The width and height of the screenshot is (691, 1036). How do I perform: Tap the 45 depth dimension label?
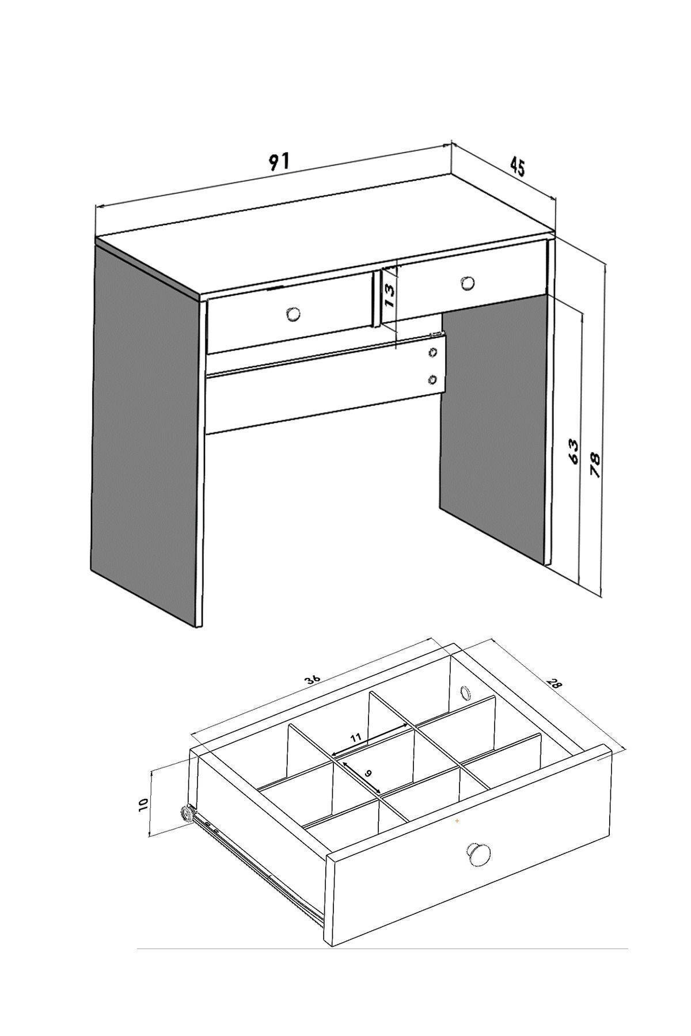pyautogui.click(x=517, y=167)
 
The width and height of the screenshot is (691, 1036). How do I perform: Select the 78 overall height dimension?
pyautogui.click(x=595, y=464)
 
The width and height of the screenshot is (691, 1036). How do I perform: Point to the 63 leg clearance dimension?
pyautogui.click(x=573, y=451)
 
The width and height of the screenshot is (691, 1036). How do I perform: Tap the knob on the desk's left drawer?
pyautogui.click(x=294, y=314)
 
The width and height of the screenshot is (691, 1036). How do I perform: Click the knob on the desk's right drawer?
pyautogui.click(x=468, y=283)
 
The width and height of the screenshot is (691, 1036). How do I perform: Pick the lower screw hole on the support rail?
pyautogui.click(x=433, y=379)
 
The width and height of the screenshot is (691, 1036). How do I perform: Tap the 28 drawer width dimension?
pyautogui.click(x=554, y=684)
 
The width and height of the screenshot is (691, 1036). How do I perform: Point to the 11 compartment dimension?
pyautogui.click(x=355, y=738)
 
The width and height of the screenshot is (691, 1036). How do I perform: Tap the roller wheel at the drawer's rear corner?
pyautogui.click(x=187, y=812)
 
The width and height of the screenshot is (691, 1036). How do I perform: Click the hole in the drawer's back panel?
pyautogui.click(x=464, y=692)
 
